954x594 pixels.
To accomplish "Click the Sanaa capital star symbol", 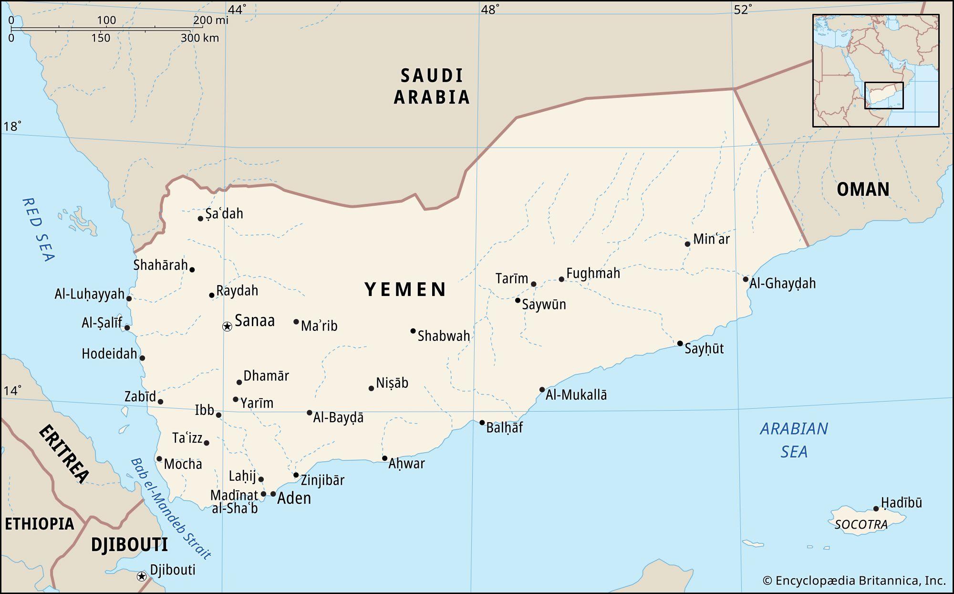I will click(x=228, y=327).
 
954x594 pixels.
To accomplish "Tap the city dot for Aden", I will click(x=273, y=494).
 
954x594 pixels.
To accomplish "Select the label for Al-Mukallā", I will click(x=576, y=395).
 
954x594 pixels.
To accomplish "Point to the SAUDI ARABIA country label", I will click(x=432, y=86).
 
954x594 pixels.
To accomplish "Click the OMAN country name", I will click(x=863, y=190).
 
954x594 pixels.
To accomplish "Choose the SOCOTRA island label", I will click(x=861, y=525).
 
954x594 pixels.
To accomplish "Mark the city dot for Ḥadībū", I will click(x=876, y=509).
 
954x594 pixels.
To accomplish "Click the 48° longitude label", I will click(x=490, y=10).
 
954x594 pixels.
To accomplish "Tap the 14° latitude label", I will click(x=12, y=391).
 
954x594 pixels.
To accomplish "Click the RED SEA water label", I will click(x=38, y=230).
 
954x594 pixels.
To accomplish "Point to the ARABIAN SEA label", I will click(x=794, y=440).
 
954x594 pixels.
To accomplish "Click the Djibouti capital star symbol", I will click(x=141, y=576).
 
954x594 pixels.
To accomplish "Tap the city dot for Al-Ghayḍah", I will click(x=746, y=279).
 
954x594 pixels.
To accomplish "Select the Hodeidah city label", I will click(x=109, y=354).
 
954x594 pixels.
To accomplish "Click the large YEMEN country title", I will click(x=405, y=289).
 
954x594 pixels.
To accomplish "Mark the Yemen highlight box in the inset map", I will click(x=884, y=95).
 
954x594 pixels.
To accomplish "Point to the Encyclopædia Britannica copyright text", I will click(x=854, y=581).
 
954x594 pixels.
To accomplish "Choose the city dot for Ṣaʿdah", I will click(x=201, y=219).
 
